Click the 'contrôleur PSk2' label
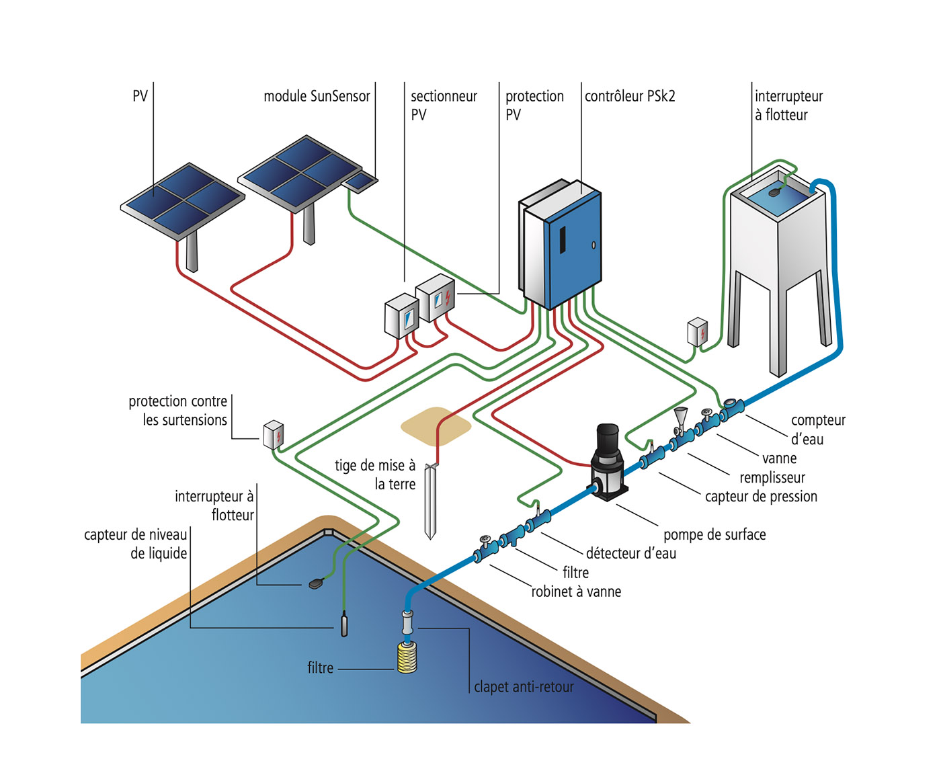(629, 96)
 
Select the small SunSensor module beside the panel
(360, 181)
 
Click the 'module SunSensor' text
(317, 96)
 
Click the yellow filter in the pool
(407, 657)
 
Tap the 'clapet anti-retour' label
(524, 687)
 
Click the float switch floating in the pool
(317, 583)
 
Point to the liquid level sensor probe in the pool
(344, 624)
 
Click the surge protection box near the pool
(273, 434)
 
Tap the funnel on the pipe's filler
(681, 415)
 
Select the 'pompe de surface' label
(714, 534)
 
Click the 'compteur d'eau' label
(817, 430)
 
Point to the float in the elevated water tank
(774, 192)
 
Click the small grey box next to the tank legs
(698, 332)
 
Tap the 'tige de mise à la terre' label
(375, 475)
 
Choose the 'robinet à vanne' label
(576, 592)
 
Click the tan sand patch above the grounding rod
(436, 425)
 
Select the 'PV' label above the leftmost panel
(140, 96)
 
